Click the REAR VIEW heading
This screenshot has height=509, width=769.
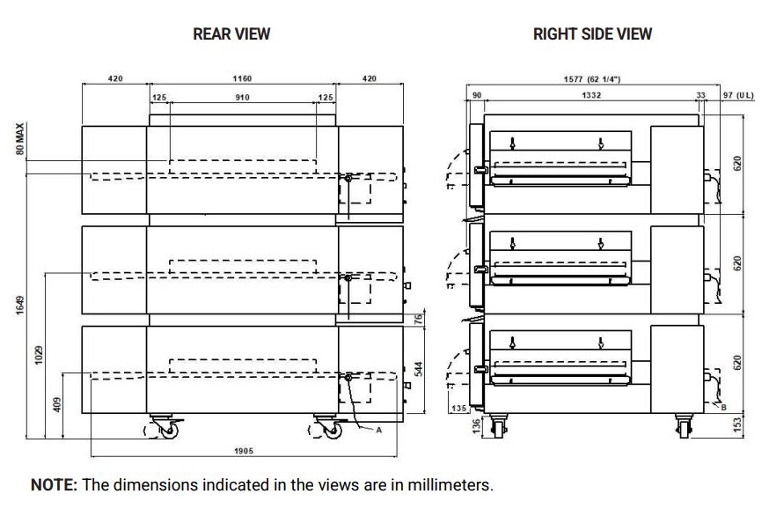pyautogui.click(x=231, y=34)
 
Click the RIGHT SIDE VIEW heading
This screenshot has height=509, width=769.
pyautogui.click(x=592, y=34)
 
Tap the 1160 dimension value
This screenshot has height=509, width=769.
pyautogui.click(x=242, y=79)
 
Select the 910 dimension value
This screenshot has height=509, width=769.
pyautogui.click(x=242, y=97)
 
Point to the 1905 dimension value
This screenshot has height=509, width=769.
pyautogui.click(x=244, y=451)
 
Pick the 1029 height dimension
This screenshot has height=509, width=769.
pyautogui.click(x=38, y=355)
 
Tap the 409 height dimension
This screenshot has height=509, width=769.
pyautogui.click(x=57, y=406)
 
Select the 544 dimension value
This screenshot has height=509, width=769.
pyautogui.click(x=420, y=368)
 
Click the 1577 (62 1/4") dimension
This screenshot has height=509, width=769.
pyautogui.click(x=592, y=79)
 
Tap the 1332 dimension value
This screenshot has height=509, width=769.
pyautogui.click(x=591, y=95)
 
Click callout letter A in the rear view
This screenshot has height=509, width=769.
pyautogui.click(x=378, y=430)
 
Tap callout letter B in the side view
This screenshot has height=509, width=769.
pyautogui.click(x=722, y=407)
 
